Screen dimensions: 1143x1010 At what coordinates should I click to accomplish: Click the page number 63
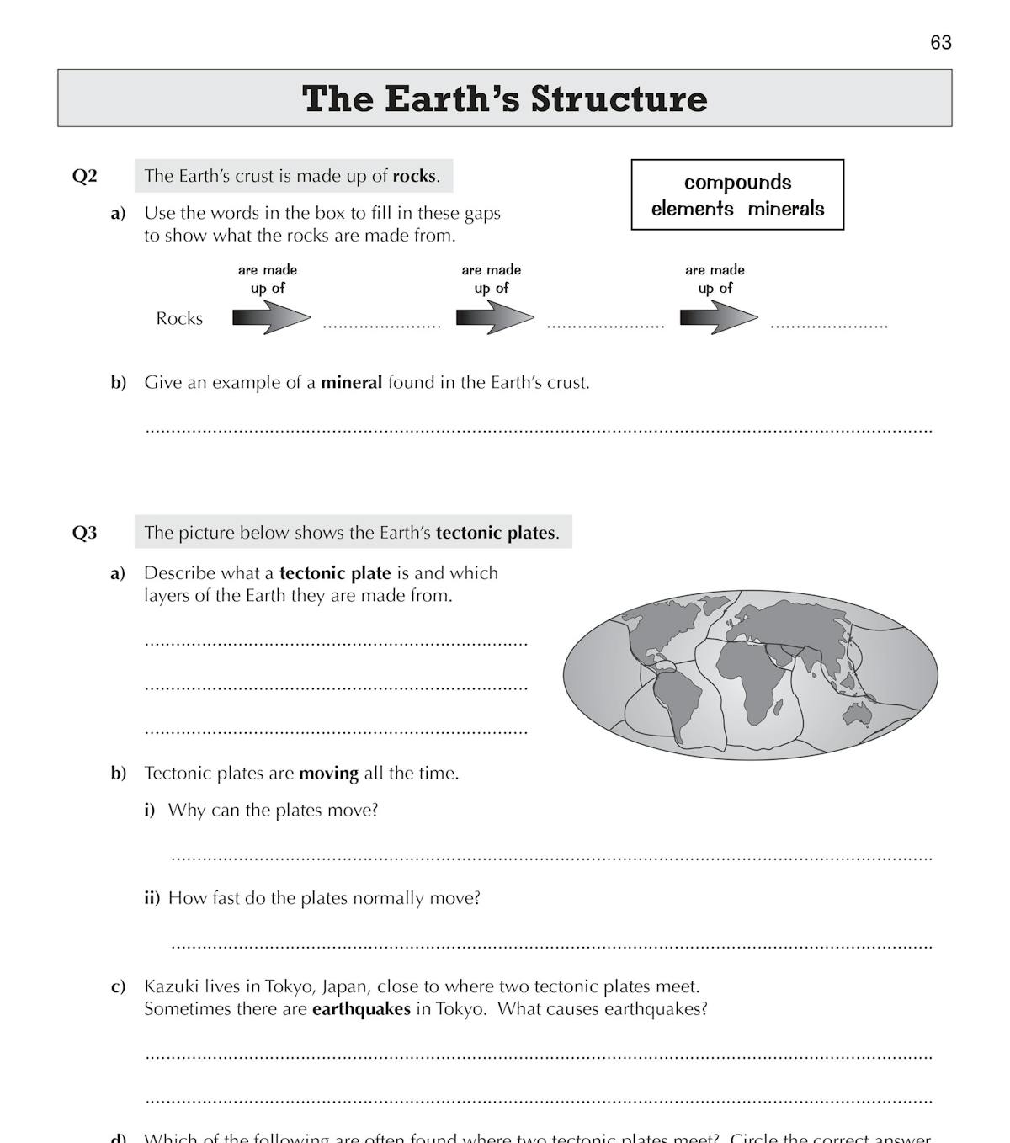[x=940, y=42]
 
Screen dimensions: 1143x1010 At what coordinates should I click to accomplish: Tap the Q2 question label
[x=84, y=176]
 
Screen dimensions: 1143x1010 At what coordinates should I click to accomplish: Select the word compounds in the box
[x=737, y=183]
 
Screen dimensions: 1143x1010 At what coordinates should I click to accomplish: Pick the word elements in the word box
[x=692, y=209]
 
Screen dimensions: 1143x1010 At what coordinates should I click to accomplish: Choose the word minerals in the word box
[x=786, y=209]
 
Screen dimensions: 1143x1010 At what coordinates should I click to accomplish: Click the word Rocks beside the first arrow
[x=179, y=318]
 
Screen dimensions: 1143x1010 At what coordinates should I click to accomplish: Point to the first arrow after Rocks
[x=271, y=318]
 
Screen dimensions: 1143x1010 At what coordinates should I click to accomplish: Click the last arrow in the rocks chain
[x=718, y=318]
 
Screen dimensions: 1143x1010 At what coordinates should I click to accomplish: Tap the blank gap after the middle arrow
[x=605, y=323]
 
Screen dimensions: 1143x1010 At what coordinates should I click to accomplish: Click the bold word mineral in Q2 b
[x=351, y=382]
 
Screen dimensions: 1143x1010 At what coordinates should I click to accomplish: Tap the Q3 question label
[x=84, y=533]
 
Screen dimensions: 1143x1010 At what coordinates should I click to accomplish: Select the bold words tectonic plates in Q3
[x=495, y=533]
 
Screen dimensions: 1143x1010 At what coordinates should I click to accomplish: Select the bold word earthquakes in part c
[x=361, y=1008]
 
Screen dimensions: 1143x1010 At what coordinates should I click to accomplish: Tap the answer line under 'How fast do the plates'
[x=551, y=944]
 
